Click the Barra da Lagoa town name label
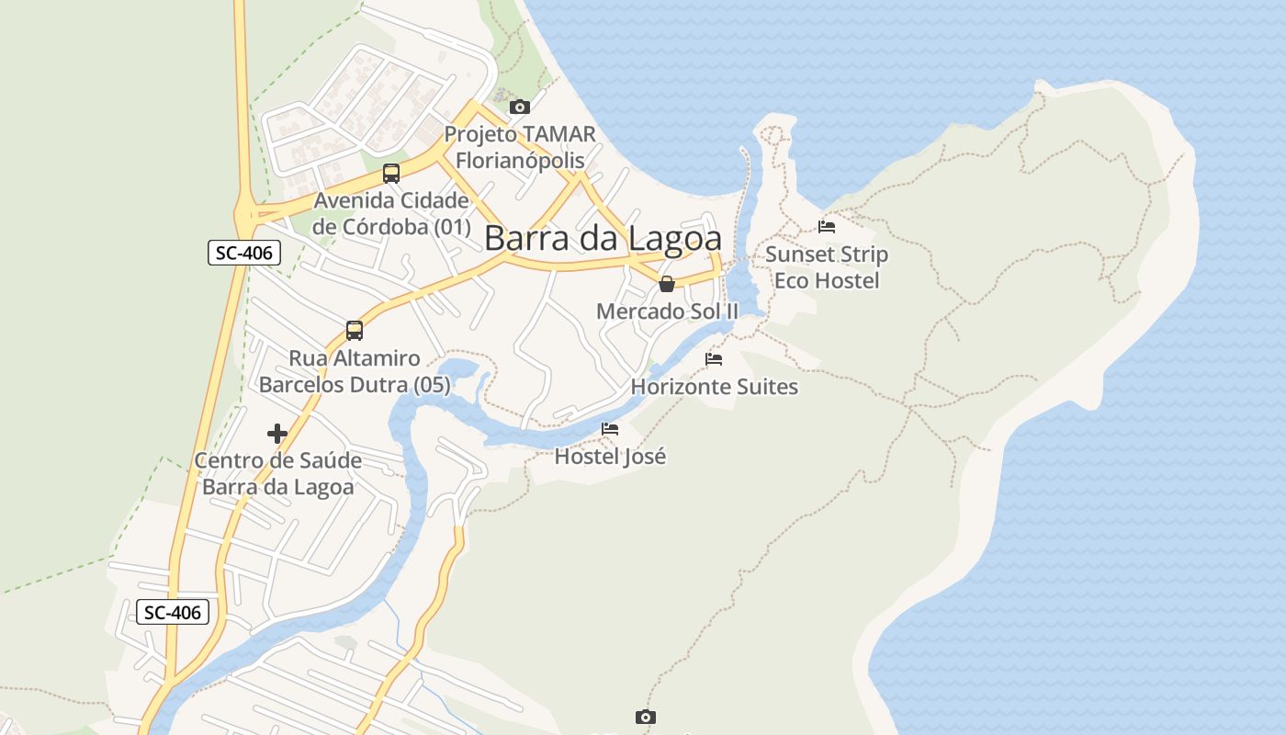tap(603, 239)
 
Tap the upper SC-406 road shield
tap(243, 253)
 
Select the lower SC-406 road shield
tap(173, 612)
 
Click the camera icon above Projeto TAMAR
tap(520, 107)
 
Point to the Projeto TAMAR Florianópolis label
tap(520, 147)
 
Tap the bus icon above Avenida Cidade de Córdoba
tap(391, 173)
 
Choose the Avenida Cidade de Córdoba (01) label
tap(391, 213)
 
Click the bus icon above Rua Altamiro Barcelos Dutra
tap(355, 330)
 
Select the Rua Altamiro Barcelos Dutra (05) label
tap(355, 371)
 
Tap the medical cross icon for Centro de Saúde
tap(277, 434)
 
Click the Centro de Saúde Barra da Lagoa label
tap(277, 473)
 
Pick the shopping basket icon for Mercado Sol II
tap(667, 284)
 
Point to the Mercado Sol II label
tap(667, 311)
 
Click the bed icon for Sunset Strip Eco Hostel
tap(827, 226)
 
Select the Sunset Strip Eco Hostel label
tap(827, 267)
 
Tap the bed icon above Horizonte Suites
tap(714, 358)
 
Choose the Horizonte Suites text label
tap(714, 387)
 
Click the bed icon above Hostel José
tap(610, 428)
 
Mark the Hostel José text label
tap(610, 456)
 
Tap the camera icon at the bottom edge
tap(646, 717)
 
